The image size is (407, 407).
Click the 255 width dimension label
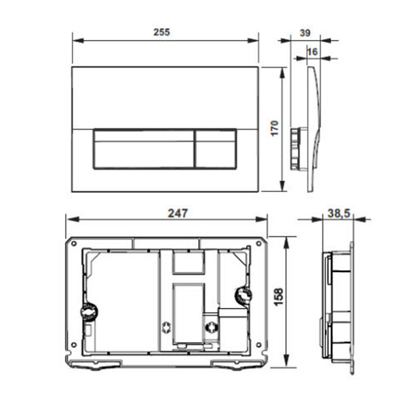point(161,32)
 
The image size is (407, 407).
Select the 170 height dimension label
point(274,128)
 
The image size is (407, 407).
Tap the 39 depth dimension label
point(305,33)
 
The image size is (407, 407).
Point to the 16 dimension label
point(312,52)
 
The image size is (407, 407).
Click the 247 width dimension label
point(178,213)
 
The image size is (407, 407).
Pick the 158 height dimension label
point(279,296)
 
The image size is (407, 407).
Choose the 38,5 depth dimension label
point(338,214)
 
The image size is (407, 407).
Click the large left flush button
point(144,149)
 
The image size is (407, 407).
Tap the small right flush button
point(216,149)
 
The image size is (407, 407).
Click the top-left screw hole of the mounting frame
point(74,244)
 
